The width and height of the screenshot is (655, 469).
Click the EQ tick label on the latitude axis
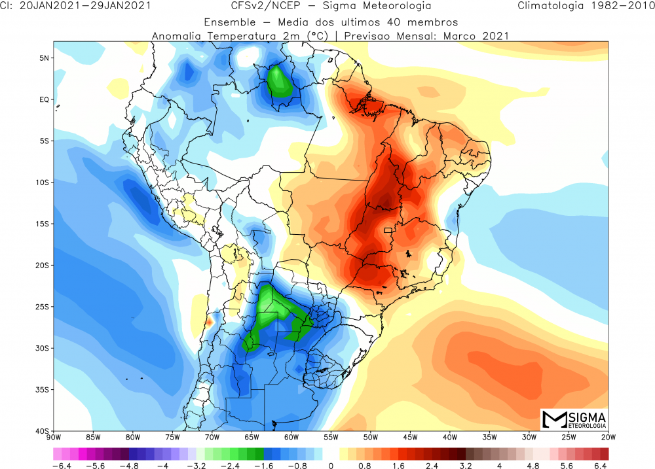pos(43,99)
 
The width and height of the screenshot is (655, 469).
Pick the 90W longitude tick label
pos(53,437)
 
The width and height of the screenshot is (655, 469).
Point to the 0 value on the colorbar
pos(331,465)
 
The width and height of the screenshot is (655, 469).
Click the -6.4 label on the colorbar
pos(60,465)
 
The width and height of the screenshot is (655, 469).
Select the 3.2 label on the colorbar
pos(466,465)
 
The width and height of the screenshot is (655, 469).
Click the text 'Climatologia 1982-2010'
pos(584,7)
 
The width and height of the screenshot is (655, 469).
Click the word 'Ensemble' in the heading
pos(227,21)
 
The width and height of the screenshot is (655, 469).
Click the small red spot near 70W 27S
pos(209,322)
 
